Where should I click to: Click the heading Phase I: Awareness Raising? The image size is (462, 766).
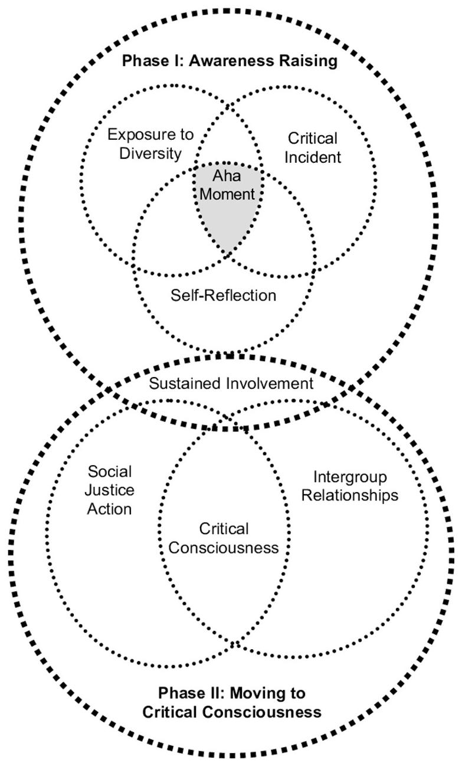coord(230,61)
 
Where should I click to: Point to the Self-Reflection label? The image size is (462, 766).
coord(223,294)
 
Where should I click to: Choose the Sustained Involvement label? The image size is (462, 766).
coord(231,384)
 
